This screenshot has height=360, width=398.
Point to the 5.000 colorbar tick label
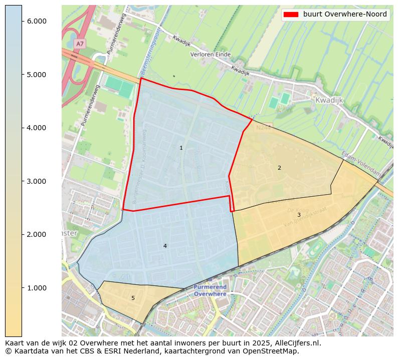(36, 75)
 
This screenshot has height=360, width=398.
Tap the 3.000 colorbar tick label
(36, 181)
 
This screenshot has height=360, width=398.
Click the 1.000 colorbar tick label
(36, 288)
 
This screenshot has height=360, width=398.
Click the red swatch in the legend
(291, 15)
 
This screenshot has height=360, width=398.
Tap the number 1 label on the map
(181, 148)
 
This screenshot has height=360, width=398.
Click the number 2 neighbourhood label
(279, 168)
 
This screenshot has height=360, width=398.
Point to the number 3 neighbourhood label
(299, 215)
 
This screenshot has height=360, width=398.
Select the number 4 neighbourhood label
(165, 246)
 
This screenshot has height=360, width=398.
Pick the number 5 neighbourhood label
(133, 298)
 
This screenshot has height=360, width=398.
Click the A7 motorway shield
(80, 44)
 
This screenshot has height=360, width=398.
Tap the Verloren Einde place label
(210, 54)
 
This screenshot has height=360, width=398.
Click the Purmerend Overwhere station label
(210, 290)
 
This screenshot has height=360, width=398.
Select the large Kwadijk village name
(329, 100)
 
